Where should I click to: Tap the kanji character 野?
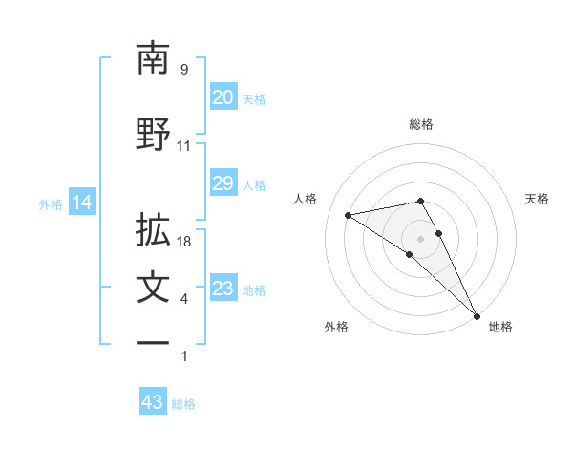click(x=153, y=134)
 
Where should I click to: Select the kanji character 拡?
click(x=153, y=230)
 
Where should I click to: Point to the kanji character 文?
click(x=153, y=289)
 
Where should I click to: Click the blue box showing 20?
click(x=223, y=97)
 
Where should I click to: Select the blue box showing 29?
click(x=223, y=184)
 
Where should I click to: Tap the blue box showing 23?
click(x=223, y=289)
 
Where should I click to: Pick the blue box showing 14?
click(x=81, y=203)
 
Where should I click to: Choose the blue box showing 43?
click(x=152, y=402)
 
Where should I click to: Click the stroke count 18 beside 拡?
click(x=184, y=242)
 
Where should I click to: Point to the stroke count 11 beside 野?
click(x=184, y=146)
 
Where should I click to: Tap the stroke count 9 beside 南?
click(x=184, y=70)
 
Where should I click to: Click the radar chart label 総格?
click(x=421, y=124)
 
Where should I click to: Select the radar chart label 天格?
click(x=537, y=199)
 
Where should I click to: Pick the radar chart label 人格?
click(x=306, y=199)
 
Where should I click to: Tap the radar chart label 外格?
click(x=336, y=327)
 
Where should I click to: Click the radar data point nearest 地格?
click(x=476, y=314)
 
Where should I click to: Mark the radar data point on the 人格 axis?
click(x=349, y=215)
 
